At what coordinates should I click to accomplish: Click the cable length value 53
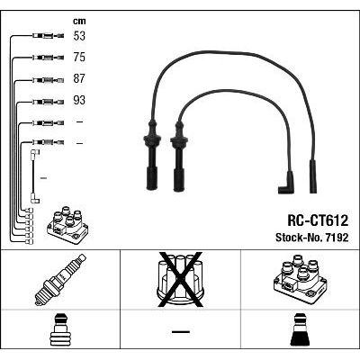pyautogui.click(x=79, y=36)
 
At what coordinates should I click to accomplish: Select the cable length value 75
pyautogui.click(x=79, y=58)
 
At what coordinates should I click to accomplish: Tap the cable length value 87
pyautogui.click(x=79, y=78)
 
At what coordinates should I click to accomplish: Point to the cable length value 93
pyautogui.click(x=79, y=100)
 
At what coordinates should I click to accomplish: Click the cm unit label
pyautogui.click(x=79, y=21)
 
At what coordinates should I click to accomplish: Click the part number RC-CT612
pyautogui.click(x=318, y=220)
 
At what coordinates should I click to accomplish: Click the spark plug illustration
pyautogui.click(x=60, y=279)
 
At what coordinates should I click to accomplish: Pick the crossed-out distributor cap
pyautogui.click(x=181, y=280)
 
